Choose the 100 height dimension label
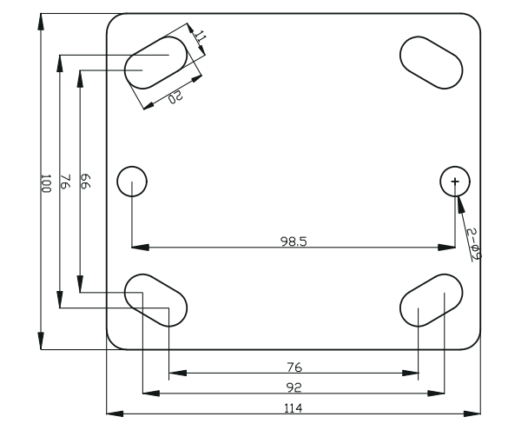click(x=46, y=182)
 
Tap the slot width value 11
click(x=199, y=37)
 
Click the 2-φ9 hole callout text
click(x=472, y=245)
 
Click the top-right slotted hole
click(x=431, y=62)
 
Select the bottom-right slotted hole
click(x=432, y=300)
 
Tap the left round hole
click(x=132, y=182)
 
